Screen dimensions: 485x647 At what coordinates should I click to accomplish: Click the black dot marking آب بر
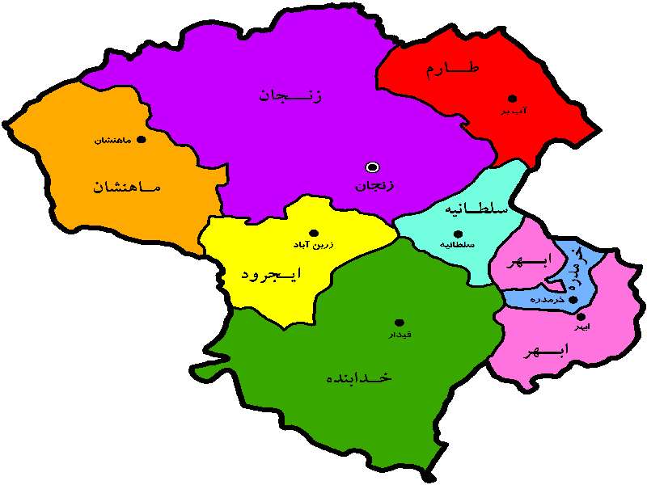coord(512,99)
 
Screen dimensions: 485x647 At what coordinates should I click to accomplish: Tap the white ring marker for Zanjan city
coord(372,167)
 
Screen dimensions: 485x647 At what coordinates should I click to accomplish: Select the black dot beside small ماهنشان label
coord(142,139)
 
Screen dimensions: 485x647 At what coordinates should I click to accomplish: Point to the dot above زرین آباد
coord(314,233)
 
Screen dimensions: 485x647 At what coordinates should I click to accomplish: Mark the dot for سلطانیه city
coord(458,234)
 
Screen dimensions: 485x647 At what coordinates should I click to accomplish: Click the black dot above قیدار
coord(399,323)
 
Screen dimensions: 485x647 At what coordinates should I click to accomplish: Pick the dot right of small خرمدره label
coord(573,300)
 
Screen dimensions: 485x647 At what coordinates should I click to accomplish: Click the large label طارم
coord(453,70)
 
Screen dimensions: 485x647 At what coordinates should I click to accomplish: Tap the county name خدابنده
coord(358,377)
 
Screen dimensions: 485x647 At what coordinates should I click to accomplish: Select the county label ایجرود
coord(271,274)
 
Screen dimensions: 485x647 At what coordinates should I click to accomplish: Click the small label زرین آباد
coord(314,244)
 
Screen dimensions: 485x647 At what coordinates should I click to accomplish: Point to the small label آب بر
coord(514,111)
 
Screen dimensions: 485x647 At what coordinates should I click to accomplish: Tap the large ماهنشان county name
coord(126,187)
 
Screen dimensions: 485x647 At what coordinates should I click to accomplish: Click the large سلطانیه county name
coord(476,209)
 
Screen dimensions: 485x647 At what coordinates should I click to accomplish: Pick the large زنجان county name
coord(290,96)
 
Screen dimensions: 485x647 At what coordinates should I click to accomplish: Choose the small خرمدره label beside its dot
coord(547,300)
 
